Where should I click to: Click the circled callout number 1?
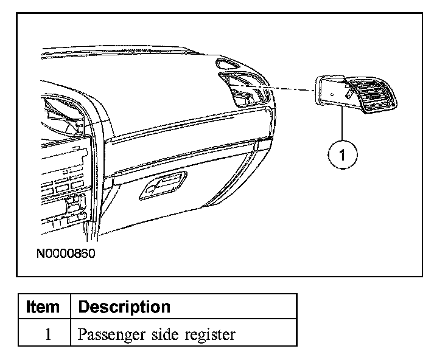click(342, 156)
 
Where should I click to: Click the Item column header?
click(43, 306)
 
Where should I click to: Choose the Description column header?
click(125, 306)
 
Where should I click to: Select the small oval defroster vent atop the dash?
click(231, 64)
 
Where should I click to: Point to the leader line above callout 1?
click(342, 125)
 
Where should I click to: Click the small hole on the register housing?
click(332, 95)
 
